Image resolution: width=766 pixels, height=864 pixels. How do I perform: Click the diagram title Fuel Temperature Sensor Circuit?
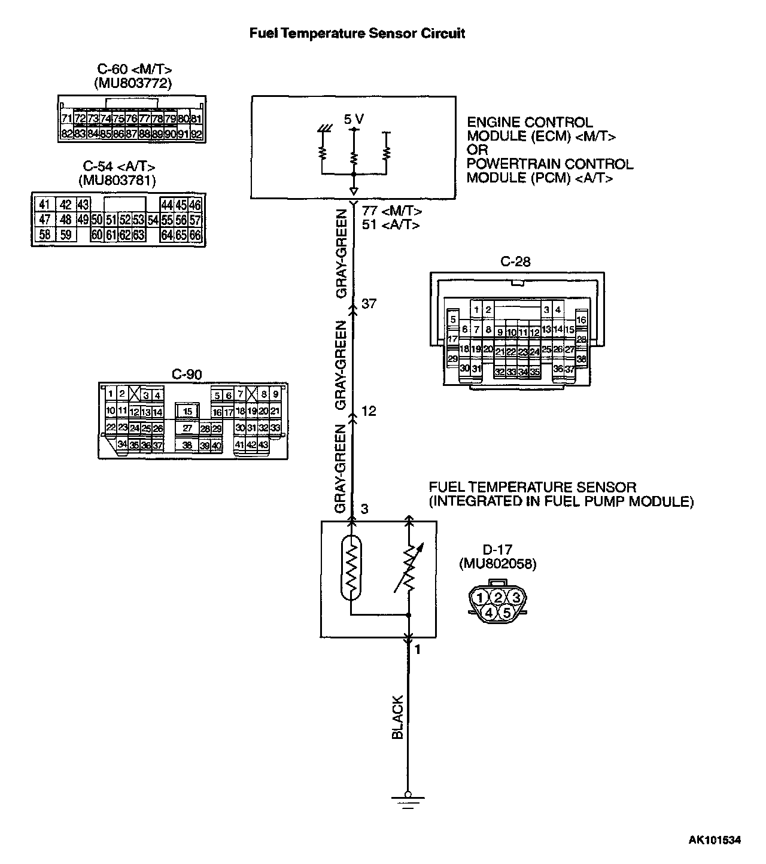(x=357, y=34)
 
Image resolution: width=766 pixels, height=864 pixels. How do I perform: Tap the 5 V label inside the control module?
(x=354, y=120)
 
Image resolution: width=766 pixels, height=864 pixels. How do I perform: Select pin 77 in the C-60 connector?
(x=144, y=119)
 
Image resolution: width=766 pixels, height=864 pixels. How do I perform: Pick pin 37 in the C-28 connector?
(x=570, y=369)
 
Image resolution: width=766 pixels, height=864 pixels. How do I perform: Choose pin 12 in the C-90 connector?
(x=135, y=412)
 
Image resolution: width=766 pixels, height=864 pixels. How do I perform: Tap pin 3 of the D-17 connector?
(x=516, y=597)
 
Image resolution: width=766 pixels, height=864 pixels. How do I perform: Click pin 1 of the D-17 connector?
(x=481, y=597)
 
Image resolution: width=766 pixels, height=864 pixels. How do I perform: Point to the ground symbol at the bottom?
(x=408, y=801)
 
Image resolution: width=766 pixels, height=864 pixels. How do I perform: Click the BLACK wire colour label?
(x=397, y=717)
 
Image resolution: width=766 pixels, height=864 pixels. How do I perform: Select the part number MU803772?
(x=133, y=83)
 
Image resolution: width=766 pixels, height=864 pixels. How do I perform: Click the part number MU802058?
(x=497, y=564)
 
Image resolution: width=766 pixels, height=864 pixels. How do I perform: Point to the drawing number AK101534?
(x=714, y=840)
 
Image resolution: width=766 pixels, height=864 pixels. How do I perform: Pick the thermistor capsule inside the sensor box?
(x=351, y=567)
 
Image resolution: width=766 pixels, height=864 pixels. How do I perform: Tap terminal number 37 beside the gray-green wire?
(x=369, y=304)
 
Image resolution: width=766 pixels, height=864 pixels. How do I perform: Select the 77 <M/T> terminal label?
(x=392, y=211)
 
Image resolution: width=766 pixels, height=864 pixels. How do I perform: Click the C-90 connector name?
(x=187, y=375)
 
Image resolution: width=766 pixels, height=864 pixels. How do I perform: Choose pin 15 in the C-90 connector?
(x=188, y=412)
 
